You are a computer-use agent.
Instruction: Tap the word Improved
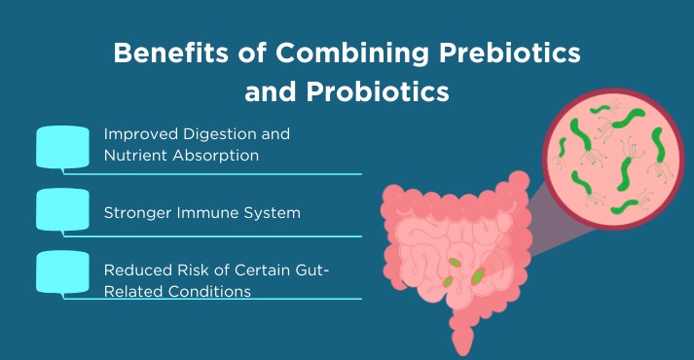[x=137, y=134]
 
